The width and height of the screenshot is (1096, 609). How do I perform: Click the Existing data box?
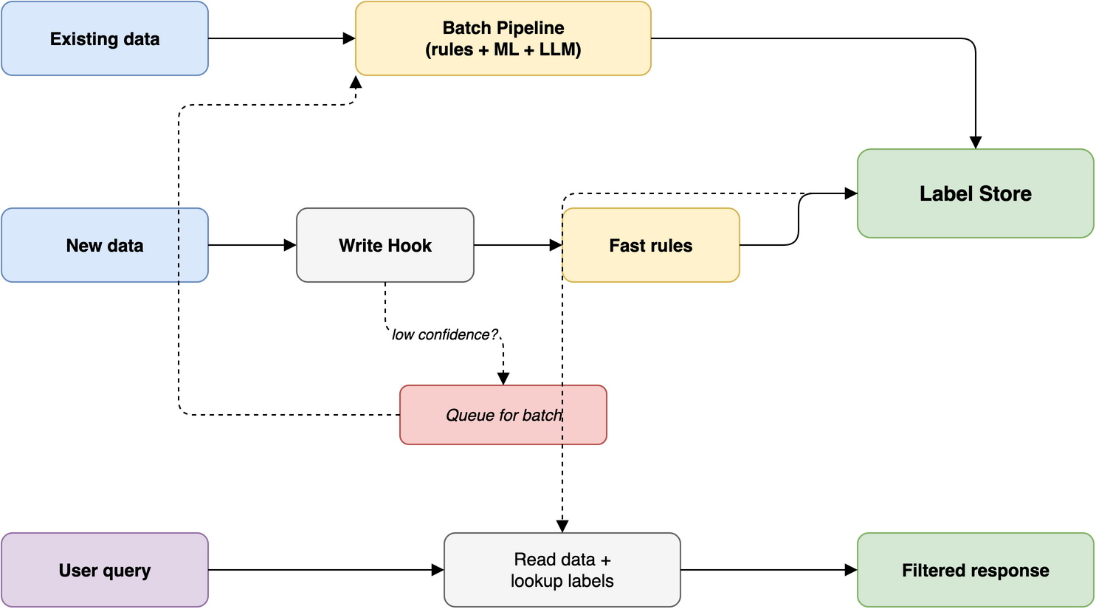105,38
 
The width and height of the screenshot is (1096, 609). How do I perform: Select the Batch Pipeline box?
503,38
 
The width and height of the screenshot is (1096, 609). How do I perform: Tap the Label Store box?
975,193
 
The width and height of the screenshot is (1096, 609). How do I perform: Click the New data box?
105,245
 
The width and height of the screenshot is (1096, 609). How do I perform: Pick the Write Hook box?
385,245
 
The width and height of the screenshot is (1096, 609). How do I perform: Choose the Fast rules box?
650,245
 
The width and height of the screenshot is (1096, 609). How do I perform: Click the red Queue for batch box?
503,415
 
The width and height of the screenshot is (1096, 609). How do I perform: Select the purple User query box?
105,570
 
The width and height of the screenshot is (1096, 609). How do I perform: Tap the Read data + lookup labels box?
562,570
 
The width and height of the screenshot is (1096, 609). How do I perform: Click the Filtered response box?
975,570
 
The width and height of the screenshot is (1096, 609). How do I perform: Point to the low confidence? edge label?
445,334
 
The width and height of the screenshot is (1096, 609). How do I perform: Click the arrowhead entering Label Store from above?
976,142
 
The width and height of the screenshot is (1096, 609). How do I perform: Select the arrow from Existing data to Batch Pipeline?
280,38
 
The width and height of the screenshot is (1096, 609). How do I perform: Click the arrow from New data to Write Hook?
251,245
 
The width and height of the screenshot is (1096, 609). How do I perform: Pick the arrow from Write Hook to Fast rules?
517,245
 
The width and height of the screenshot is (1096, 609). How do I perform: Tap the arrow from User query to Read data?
325,570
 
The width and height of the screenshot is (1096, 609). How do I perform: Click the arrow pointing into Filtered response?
768,570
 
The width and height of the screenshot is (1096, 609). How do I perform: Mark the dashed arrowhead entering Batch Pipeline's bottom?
356,82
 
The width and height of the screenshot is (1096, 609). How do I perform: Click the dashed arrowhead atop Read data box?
562,526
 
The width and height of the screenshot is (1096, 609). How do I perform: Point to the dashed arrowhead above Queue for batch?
503,379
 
